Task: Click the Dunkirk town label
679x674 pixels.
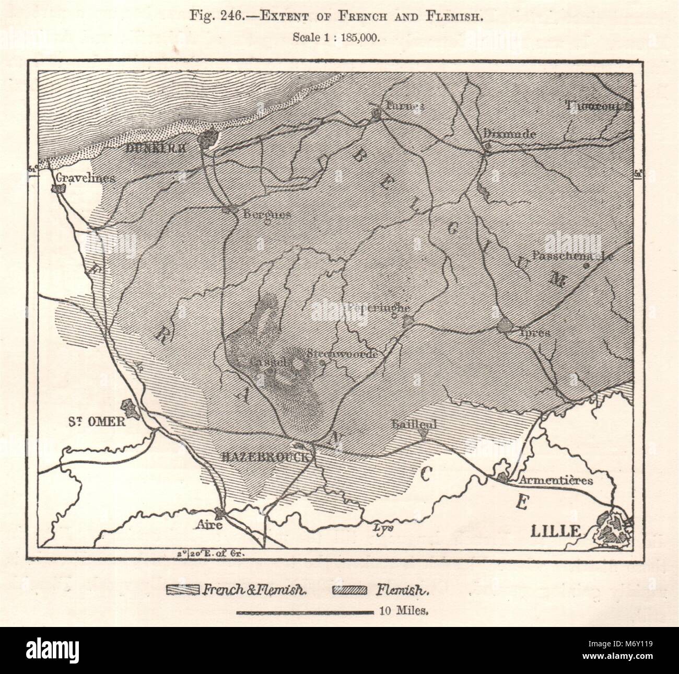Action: coord(156,148)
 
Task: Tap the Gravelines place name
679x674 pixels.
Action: coord(87,178)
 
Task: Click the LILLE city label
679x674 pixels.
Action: coord(555,531)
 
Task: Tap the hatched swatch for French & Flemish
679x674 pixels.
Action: coord(182,591)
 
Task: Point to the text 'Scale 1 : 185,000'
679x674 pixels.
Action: coord(340,37)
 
